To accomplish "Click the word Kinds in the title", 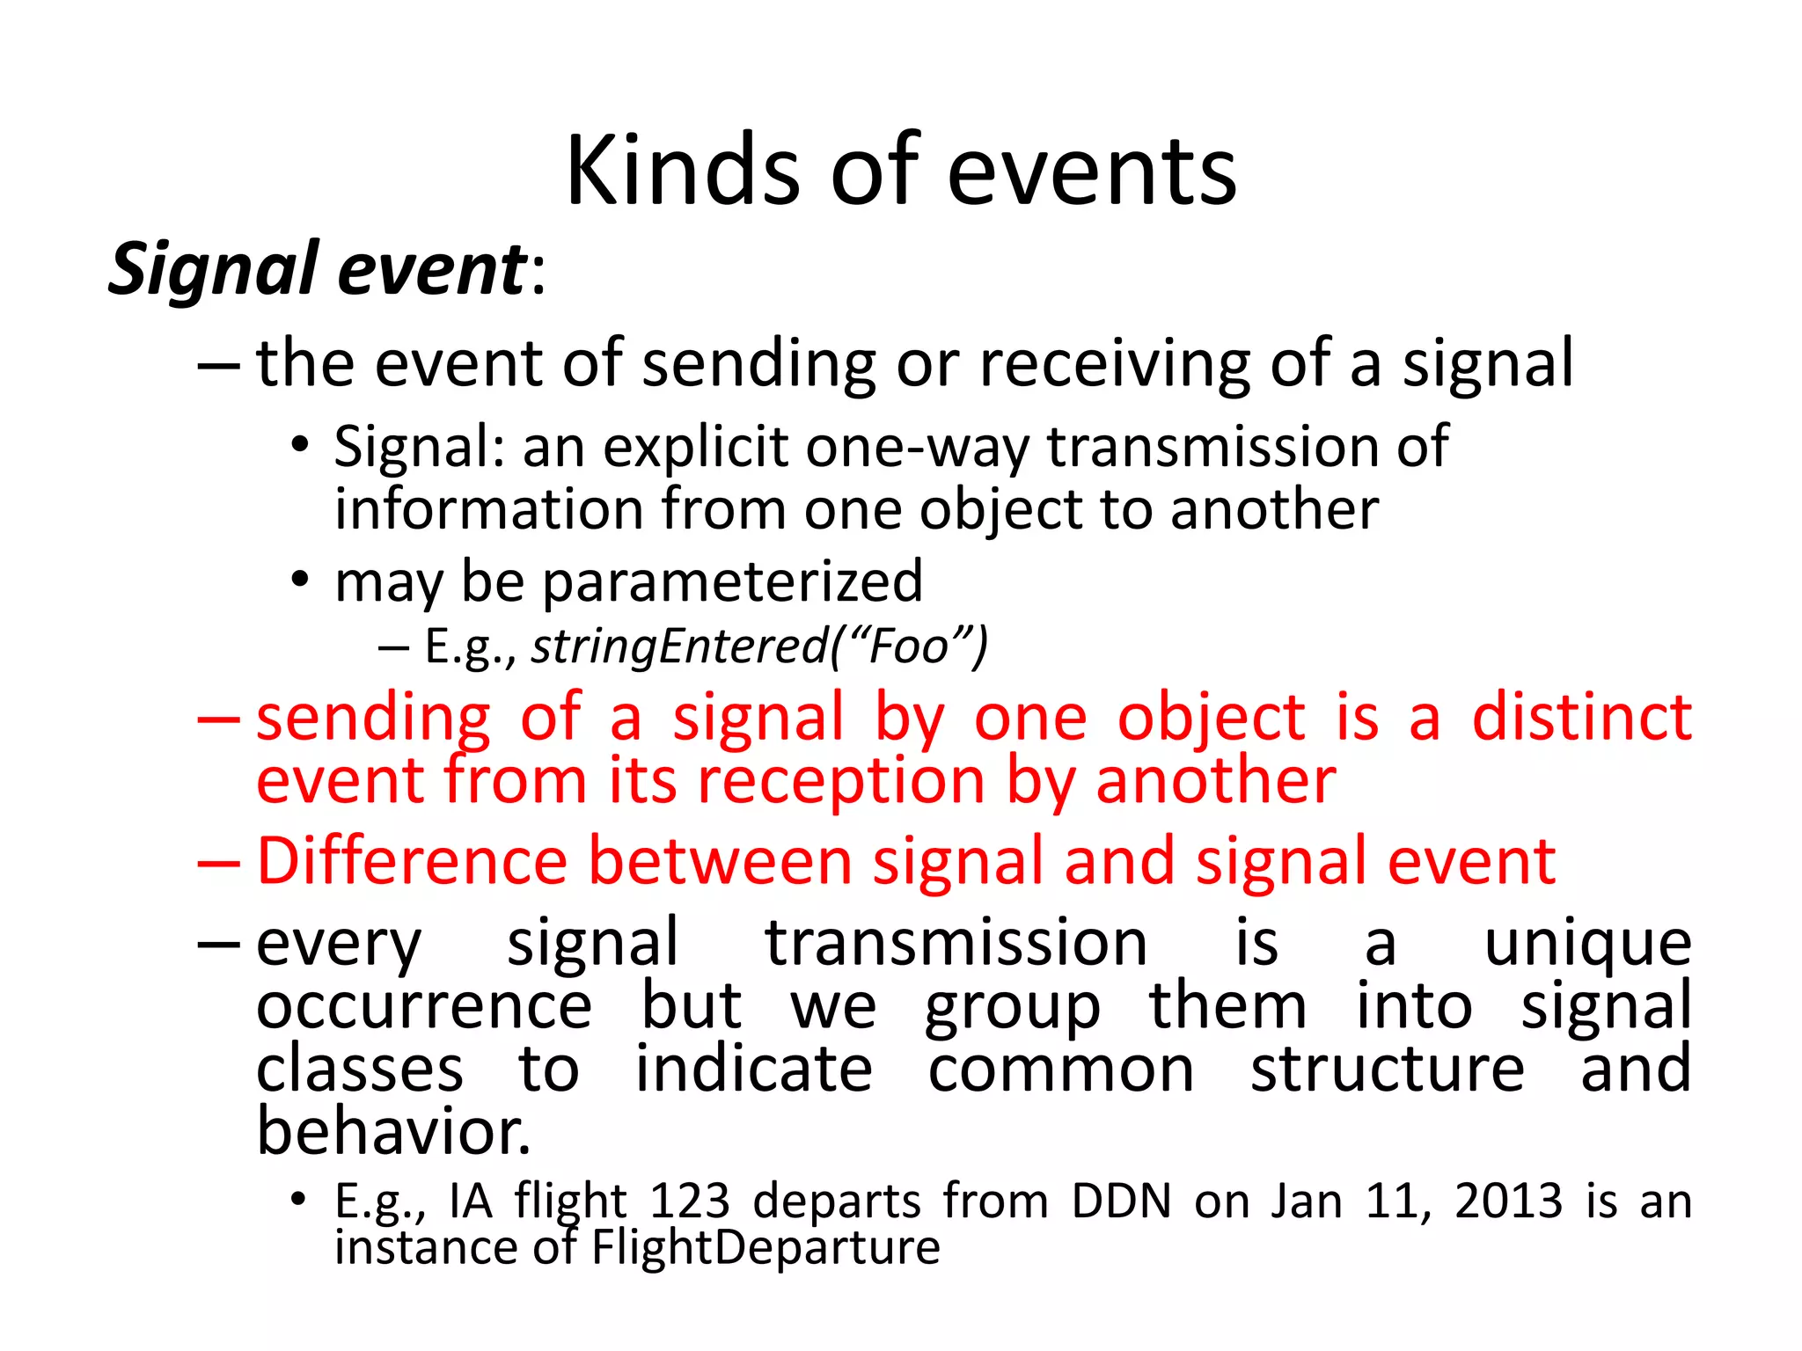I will [x=682, y=172].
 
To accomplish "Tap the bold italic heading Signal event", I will [x=317, y=269].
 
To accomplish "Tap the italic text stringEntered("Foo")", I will [x=759, y=646].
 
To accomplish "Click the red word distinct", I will [x=1581, y=718].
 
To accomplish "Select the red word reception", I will [x=840, y=781].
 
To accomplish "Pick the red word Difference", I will [x=412, y=861].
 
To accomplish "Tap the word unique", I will [x=1587, y=944].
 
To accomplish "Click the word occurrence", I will [x=424, y=1006].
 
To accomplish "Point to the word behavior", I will [x=392, y=1132].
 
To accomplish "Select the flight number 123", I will [x=689, y=1201].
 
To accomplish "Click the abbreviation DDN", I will [x=1121, y=1201].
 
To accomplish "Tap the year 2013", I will [x=1508, y=1201].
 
